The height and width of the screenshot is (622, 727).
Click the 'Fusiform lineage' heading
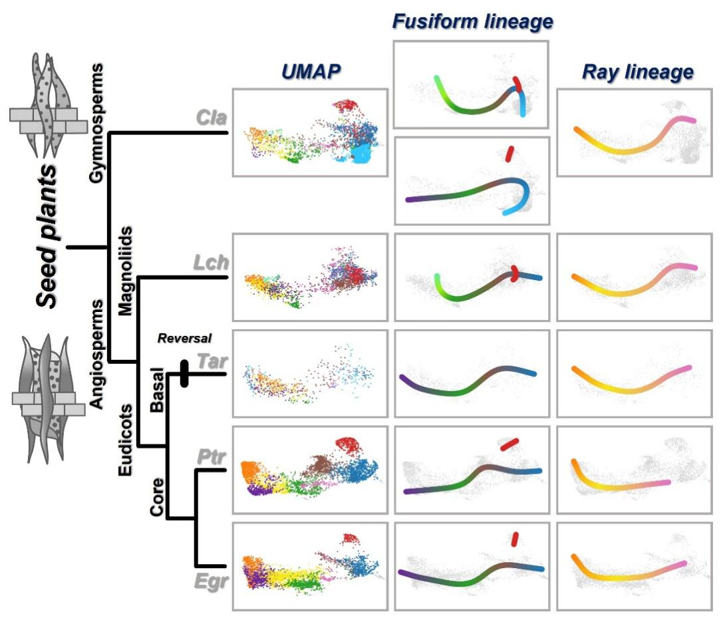(x=472, y=23)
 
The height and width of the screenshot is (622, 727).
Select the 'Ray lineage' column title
(x=637, y=72)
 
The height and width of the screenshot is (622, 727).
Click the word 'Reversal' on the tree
(x=184, y=337)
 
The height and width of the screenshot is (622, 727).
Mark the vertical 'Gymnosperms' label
(x=99, y=122)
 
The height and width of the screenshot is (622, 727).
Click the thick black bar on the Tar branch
(x=184, y=373)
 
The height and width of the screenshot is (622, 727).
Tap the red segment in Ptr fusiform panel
(x=509, y=444)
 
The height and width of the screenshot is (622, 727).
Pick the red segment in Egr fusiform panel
(x=514, y=538)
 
